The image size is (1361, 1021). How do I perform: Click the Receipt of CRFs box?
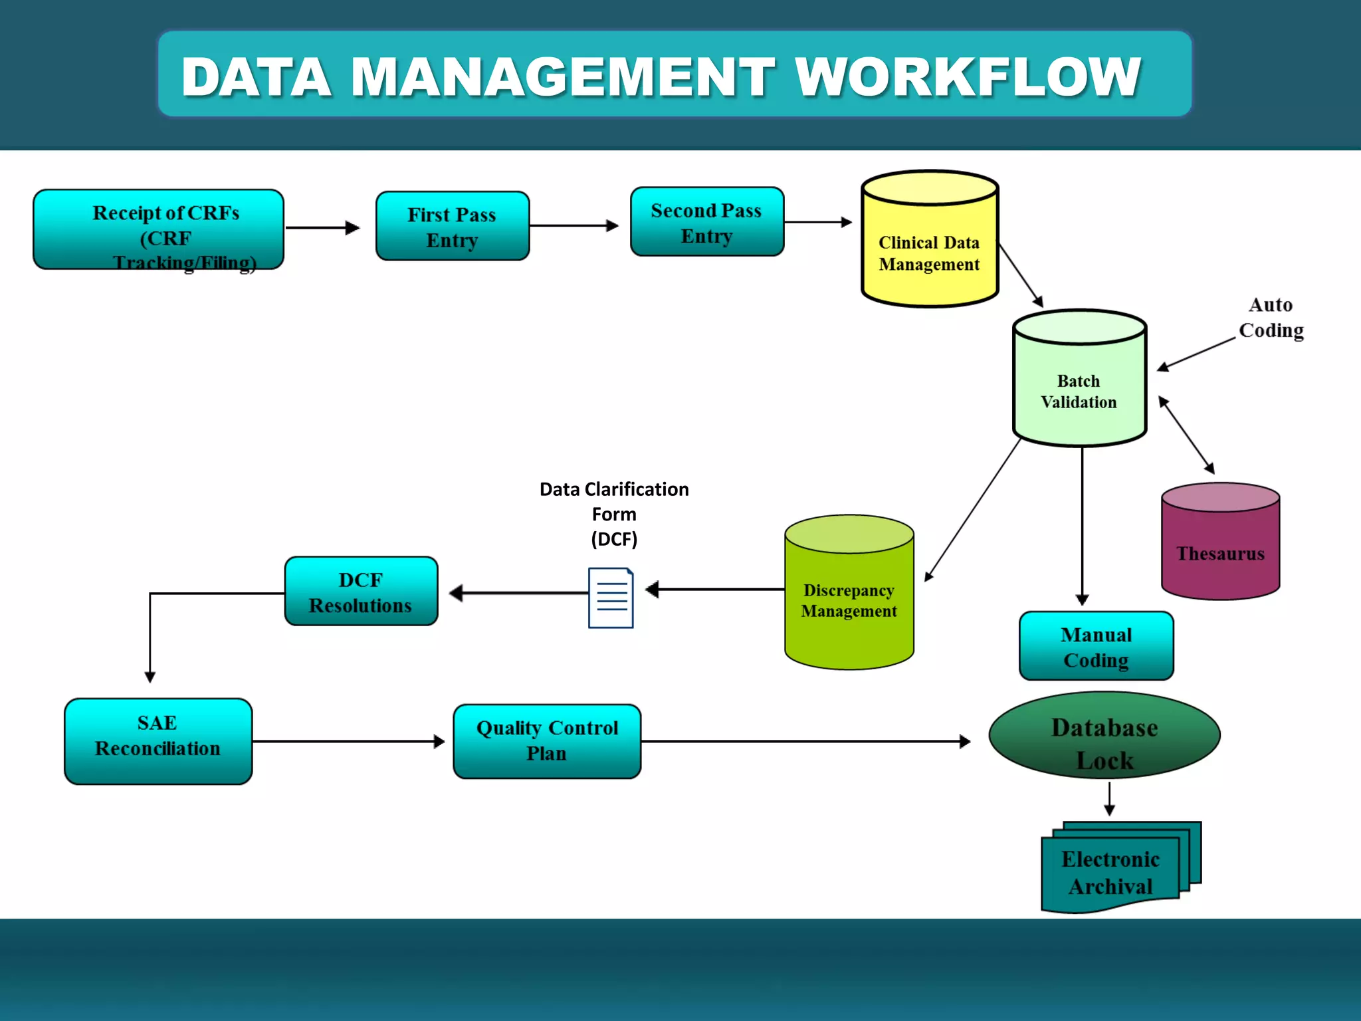[x=158, y=229]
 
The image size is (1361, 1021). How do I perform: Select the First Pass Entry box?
[x=452, y=227]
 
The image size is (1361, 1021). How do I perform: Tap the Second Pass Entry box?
[x=706, y=222]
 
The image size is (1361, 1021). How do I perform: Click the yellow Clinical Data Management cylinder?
[x=929, y=253]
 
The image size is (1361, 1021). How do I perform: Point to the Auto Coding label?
[x=1271, y=318]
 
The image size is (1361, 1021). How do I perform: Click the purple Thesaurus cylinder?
[x=1220, y=552]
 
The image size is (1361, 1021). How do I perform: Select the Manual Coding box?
[x=1096, y=646]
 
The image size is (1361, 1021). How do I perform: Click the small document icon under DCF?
[x=611, y=598]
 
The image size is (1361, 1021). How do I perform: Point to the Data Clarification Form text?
[x=613, y=513]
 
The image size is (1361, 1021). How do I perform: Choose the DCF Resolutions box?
[x=361, y=592]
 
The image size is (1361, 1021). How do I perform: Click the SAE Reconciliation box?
[x=158, y=741]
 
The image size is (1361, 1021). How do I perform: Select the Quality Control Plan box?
[x=547, y=741]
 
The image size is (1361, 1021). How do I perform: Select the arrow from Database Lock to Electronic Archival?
[x=1109, y=798]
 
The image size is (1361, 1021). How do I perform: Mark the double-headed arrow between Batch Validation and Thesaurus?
[x=1186, y=435]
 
